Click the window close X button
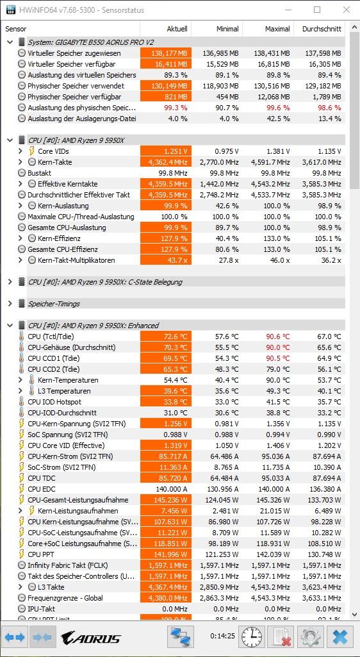346,10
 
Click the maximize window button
317,10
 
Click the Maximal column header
277,29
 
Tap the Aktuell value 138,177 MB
166,53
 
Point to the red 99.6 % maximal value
277,108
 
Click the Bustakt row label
39,173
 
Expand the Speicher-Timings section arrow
10,304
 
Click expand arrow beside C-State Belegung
10,282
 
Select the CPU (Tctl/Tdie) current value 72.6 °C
166,337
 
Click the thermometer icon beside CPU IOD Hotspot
21,402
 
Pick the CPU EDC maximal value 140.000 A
272,489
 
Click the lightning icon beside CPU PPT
21,554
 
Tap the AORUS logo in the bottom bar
90,638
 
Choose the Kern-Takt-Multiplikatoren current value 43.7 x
166,260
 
